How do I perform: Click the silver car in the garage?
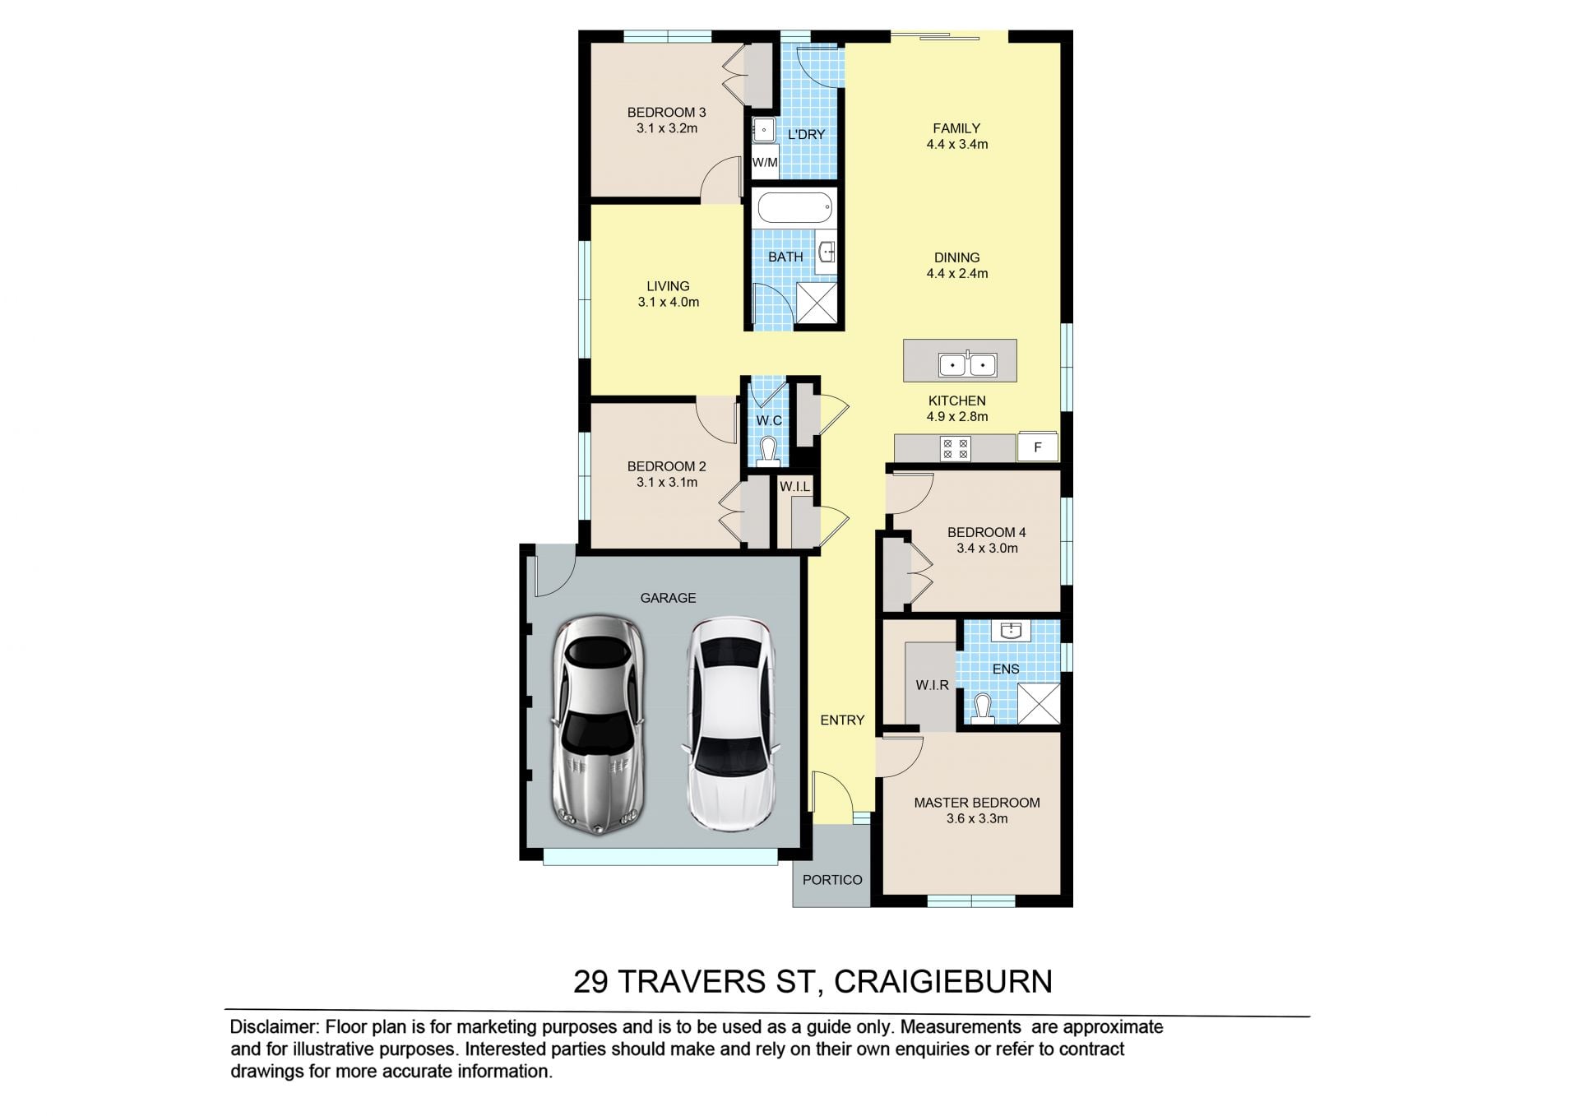pos(598,725)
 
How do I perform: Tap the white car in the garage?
pos(731,724)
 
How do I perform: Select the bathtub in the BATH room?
pos(794,208)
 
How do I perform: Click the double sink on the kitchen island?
pos(967,364)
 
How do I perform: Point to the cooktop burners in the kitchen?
pos(955,449)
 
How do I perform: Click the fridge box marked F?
pos(1038,447)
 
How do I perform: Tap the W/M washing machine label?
pos(765,163)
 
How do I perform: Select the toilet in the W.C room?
pos(769,452)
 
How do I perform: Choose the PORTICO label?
pos(832,880)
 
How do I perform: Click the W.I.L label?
pos(794,487)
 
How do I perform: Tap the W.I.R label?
pos(932,685)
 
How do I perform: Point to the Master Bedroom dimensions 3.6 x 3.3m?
pos(977,818)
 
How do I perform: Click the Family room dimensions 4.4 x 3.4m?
pos(957,144)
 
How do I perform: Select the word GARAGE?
pos(668,598)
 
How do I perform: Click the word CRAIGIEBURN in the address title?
pos(942,982)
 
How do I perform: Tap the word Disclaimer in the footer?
pos(273,1027)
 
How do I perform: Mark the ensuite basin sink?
pos(1010,631)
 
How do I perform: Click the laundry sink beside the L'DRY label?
pos(764,130)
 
